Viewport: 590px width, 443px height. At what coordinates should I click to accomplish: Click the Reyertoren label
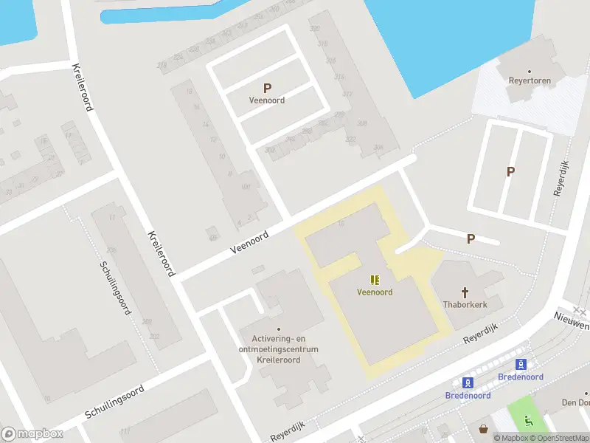pos(530,81)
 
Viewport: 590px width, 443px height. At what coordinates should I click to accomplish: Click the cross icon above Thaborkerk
pos(465,292)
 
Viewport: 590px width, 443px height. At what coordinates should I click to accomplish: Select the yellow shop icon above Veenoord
pos(375,279)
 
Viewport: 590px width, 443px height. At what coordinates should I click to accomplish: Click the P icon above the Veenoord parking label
pos(267,88)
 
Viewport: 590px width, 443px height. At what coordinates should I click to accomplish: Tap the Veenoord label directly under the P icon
pos(267,100)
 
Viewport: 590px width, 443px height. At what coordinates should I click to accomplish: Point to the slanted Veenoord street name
pos(249,241)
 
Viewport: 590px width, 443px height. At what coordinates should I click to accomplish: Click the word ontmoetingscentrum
pos(279,348)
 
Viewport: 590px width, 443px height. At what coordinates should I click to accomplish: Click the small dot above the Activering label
pos(279,329)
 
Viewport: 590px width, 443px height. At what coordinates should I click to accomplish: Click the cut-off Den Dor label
pos(575,403)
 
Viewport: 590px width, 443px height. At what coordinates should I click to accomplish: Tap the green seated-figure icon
pos(529,422)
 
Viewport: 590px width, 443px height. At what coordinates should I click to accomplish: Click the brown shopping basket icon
pos(484,428)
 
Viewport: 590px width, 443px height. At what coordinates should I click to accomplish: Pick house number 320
pos(315,29)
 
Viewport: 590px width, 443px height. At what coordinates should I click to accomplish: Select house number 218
pos(162,65)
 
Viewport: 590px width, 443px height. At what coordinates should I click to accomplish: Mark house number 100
pos(246,187)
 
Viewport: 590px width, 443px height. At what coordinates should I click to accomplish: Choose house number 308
pos(361,123)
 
